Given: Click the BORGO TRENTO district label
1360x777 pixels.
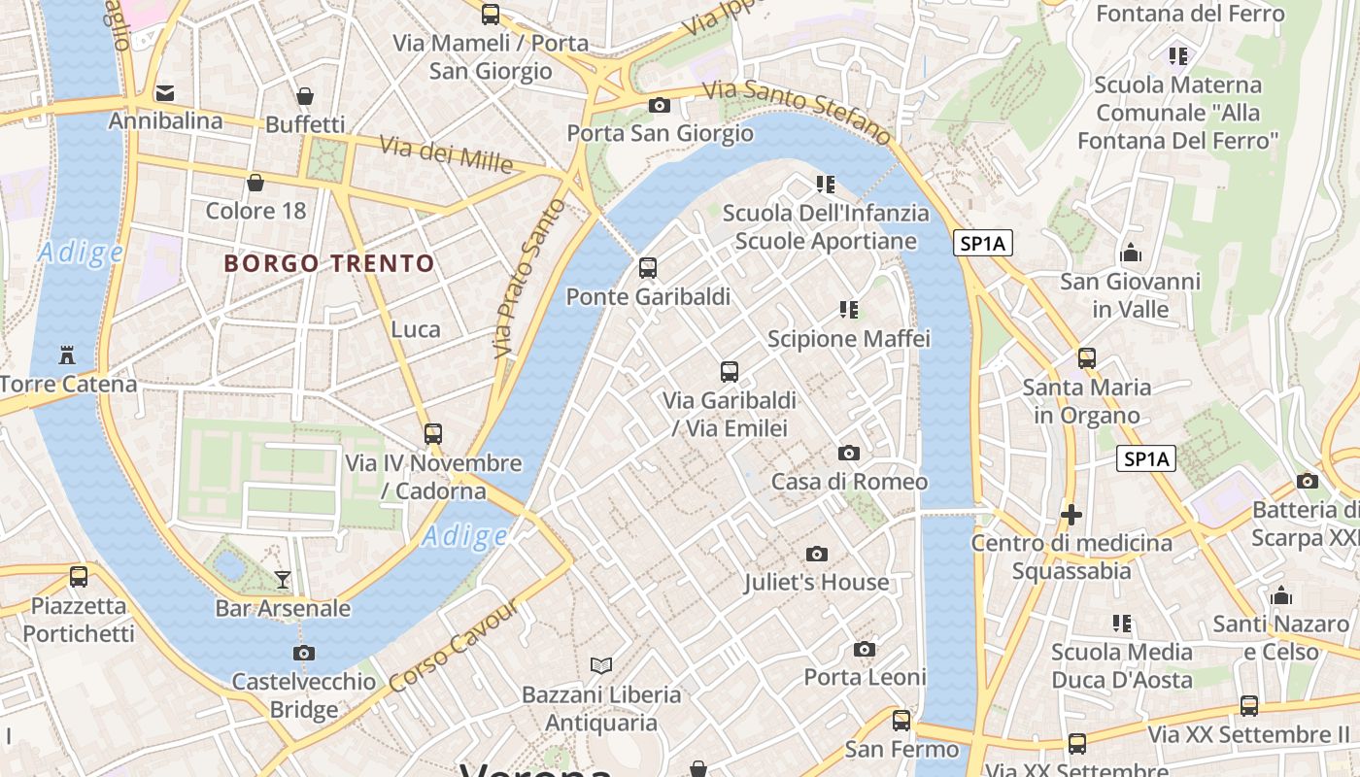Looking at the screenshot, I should point(329,263).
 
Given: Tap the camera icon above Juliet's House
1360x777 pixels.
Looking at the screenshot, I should point(817,554).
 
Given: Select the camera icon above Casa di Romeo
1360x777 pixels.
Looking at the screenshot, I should point(849,453).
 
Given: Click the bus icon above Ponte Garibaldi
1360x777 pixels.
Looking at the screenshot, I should point(648,268).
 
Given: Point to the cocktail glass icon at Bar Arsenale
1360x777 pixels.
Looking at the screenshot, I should point(283,580).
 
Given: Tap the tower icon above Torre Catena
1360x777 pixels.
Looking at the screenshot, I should point(67,355).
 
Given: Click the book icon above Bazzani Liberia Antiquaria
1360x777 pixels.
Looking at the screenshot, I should point(601,665).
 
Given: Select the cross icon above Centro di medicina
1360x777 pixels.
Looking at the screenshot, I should point(1071,514).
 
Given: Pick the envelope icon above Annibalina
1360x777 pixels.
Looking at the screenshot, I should point(164,93).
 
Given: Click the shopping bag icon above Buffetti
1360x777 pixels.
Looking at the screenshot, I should point(305,95).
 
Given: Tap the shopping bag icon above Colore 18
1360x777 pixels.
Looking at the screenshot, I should point(255,182).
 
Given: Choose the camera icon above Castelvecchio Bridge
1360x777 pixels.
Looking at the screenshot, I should point(304,653).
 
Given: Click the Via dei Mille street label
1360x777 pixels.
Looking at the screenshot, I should point(446,154).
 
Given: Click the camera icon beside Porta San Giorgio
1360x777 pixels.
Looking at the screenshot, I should point(660,105).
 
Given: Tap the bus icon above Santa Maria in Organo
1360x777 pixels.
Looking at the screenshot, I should point(1087,358).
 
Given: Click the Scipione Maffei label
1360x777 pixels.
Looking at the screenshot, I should point(849,339).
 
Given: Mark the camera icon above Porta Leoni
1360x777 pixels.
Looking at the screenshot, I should point(865,649).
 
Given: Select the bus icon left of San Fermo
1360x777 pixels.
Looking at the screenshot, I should point(901,721).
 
